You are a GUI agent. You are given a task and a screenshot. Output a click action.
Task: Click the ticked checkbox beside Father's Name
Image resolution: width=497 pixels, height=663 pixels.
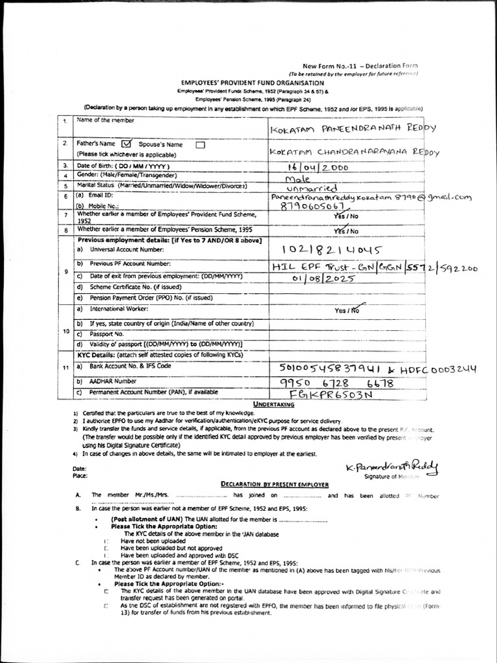coord(126,144)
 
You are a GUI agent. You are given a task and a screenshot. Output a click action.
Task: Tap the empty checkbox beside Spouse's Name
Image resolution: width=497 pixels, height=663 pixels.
coord(200,144)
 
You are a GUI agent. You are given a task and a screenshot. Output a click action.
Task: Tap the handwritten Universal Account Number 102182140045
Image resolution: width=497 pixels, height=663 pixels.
coord(332,250)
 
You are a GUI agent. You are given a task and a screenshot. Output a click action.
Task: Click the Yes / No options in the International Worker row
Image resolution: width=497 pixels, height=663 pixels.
coord(346,310)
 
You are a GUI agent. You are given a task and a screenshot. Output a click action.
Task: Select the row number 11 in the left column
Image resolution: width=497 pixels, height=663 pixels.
coord(65,368)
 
